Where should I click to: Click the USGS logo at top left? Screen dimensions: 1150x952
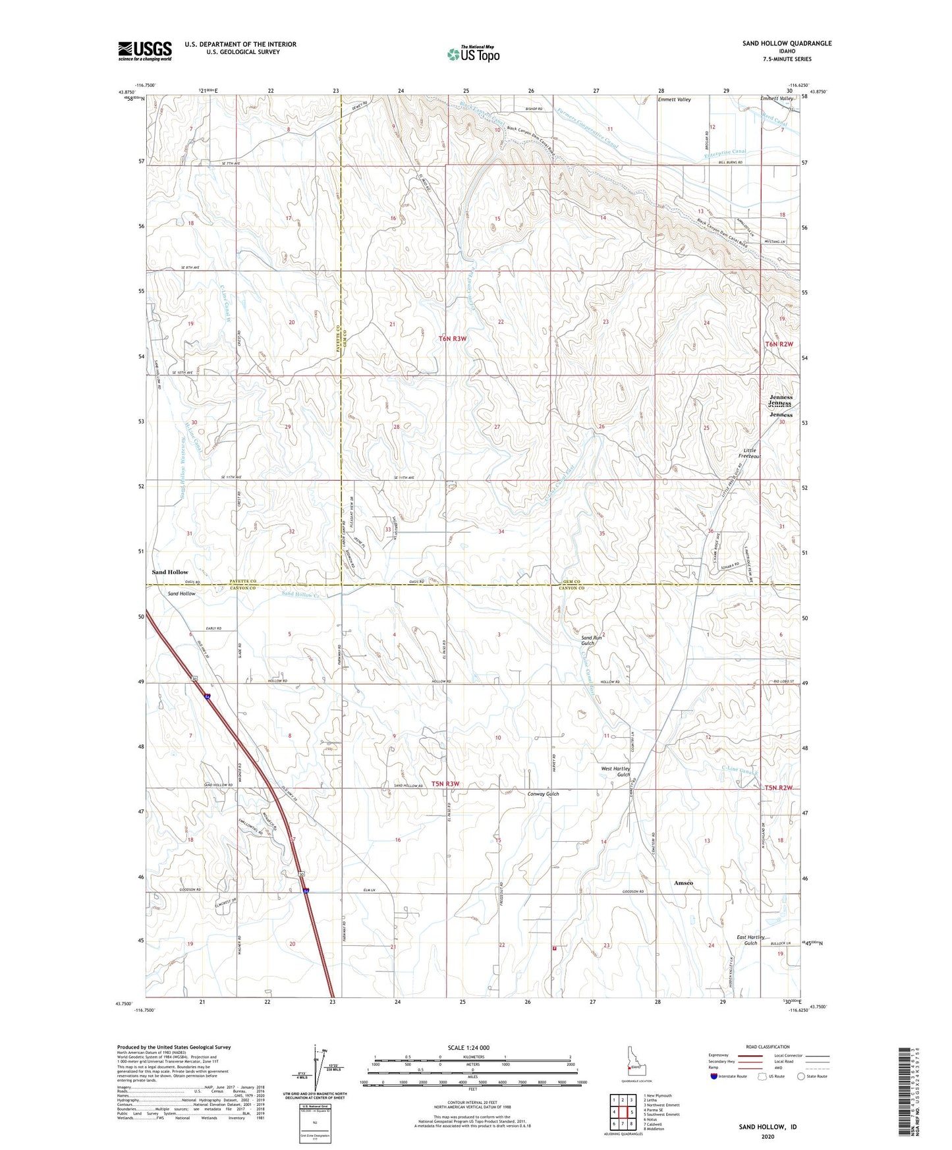(145, 51)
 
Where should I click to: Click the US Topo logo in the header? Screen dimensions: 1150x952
(473, 54)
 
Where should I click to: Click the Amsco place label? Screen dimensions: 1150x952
(683, 883)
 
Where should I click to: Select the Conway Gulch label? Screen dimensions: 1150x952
(543, 794)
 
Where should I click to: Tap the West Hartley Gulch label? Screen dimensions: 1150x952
(615, 771)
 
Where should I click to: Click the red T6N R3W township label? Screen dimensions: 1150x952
(452, 339)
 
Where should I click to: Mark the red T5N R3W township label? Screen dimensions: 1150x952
(445, 784)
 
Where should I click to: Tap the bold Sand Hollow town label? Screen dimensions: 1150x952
(170, 572)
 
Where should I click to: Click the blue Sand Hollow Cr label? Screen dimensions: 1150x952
(300, 594)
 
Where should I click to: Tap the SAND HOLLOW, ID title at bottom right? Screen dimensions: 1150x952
(768, 1127)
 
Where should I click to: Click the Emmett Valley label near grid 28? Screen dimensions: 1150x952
(674, 99)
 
